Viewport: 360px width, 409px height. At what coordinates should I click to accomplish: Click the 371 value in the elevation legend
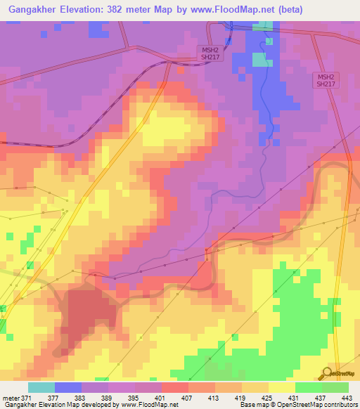pyautogui.click(x=25, y=398)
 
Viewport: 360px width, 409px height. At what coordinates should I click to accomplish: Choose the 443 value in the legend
pyautogui.click(x=346, y=398)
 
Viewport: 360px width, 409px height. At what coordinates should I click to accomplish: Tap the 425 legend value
pyautogui.click(x=266, y=398)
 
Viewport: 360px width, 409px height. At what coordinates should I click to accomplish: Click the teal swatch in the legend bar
pyautogui.click(x=41, y=387)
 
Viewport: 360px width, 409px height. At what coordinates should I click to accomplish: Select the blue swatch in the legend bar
pyautogui.click(x=67, y=387)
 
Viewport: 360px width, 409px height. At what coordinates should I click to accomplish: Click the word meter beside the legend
pyautogui.click(x=9, y=398)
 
